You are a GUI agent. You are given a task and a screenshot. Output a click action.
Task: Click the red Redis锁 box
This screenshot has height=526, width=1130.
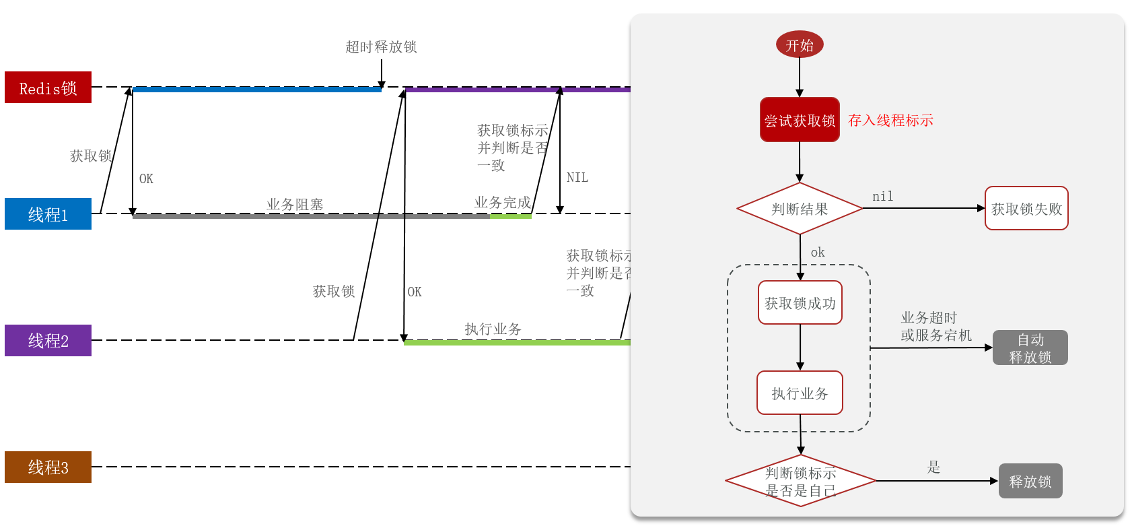(48, 88)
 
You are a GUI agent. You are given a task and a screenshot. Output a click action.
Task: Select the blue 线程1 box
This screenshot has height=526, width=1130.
(48, 214)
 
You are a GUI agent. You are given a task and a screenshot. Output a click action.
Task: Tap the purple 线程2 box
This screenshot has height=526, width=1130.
(48, 341)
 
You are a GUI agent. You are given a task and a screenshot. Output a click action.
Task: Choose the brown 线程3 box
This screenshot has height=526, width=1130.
(48, 467)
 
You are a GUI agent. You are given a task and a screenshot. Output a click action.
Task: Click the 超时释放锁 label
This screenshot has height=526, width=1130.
(381, 47)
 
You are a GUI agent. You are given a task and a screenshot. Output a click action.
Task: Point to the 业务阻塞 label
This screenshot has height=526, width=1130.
(295, 204)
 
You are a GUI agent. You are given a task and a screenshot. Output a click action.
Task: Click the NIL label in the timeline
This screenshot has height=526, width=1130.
(577, 178)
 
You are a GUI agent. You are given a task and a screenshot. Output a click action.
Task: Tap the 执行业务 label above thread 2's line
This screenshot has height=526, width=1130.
(493, 329)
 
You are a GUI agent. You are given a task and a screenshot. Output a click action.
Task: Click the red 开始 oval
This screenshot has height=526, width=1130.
(800, 45)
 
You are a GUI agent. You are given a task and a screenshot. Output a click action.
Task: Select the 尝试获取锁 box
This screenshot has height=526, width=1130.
(800, 120)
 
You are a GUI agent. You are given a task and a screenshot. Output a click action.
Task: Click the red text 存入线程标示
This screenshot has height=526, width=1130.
(890, 121)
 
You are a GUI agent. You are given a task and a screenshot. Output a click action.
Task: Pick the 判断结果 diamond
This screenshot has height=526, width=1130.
(800, 209)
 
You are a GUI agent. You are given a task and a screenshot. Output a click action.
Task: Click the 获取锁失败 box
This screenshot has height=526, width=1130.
(1026, 209)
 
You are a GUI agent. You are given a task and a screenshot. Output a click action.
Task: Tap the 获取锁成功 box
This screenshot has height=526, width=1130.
(800, 303)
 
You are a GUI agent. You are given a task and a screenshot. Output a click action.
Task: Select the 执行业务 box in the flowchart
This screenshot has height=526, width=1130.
(800, 393)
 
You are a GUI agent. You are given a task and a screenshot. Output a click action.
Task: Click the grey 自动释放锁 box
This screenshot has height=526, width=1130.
(1030, 348)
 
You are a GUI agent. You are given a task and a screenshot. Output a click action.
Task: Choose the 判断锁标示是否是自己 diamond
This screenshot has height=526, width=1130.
(800, 482)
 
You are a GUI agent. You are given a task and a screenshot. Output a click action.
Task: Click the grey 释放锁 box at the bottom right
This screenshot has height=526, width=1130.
(1030, 482)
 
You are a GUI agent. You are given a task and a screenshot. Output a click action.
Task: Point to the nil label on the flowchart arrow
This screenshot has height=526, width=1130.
(882, 197)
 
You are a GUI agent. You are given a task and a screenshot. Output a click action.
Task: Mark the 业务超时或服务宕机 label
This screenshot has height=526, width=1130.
(936, 327)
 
